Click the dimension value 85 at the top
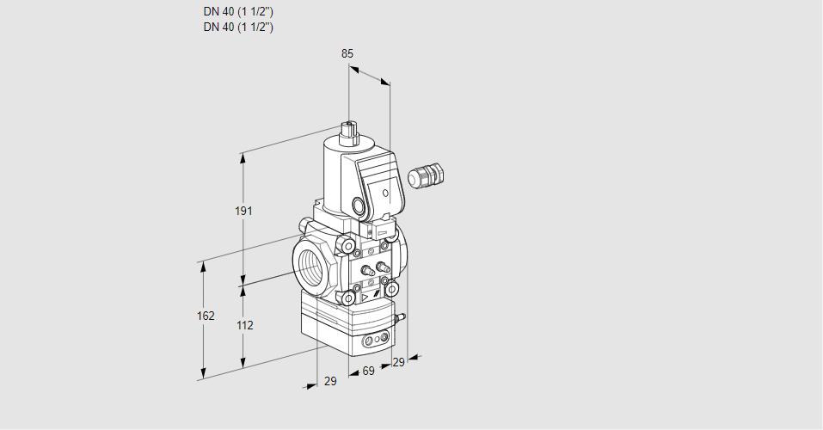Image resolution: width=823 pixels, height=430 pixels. click(347, 53)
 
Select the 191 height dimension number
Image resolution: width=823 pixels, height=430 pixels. click(244, 212)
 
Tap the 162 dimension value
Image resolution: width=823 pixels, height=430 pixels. click(205, 316)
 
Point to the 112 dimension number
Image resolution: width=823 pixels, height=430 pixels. click(244, 325)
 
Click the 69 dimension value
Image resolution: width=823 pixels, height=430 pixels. click(368, 371)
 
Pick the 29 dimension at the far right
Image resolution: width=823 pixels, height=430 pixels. click(397, 362)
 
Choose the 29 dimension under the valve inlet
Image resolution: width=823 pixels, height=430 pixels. click(329, 381)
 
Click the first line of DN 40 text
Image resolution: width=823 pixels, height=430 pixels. click(238, 12)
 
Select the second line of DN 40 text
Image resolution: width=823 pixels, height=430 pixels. click(238, 27)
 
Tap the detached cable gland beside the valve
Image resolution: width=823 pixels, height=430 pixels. click(424, 175)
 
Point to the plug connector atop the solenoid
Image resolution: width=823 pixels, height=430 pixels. click(350, 132)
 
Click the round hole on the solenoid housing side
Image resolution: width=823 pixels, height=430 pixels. click(358, 206)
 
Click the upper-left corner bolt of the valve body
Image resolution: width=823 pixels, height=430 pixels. click(348, 249)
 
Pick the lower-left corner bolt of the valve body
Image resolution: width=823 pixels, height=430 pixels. click(350, 298)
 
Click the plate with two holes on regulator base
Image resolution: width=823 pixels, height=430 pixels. click(374, 342)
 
